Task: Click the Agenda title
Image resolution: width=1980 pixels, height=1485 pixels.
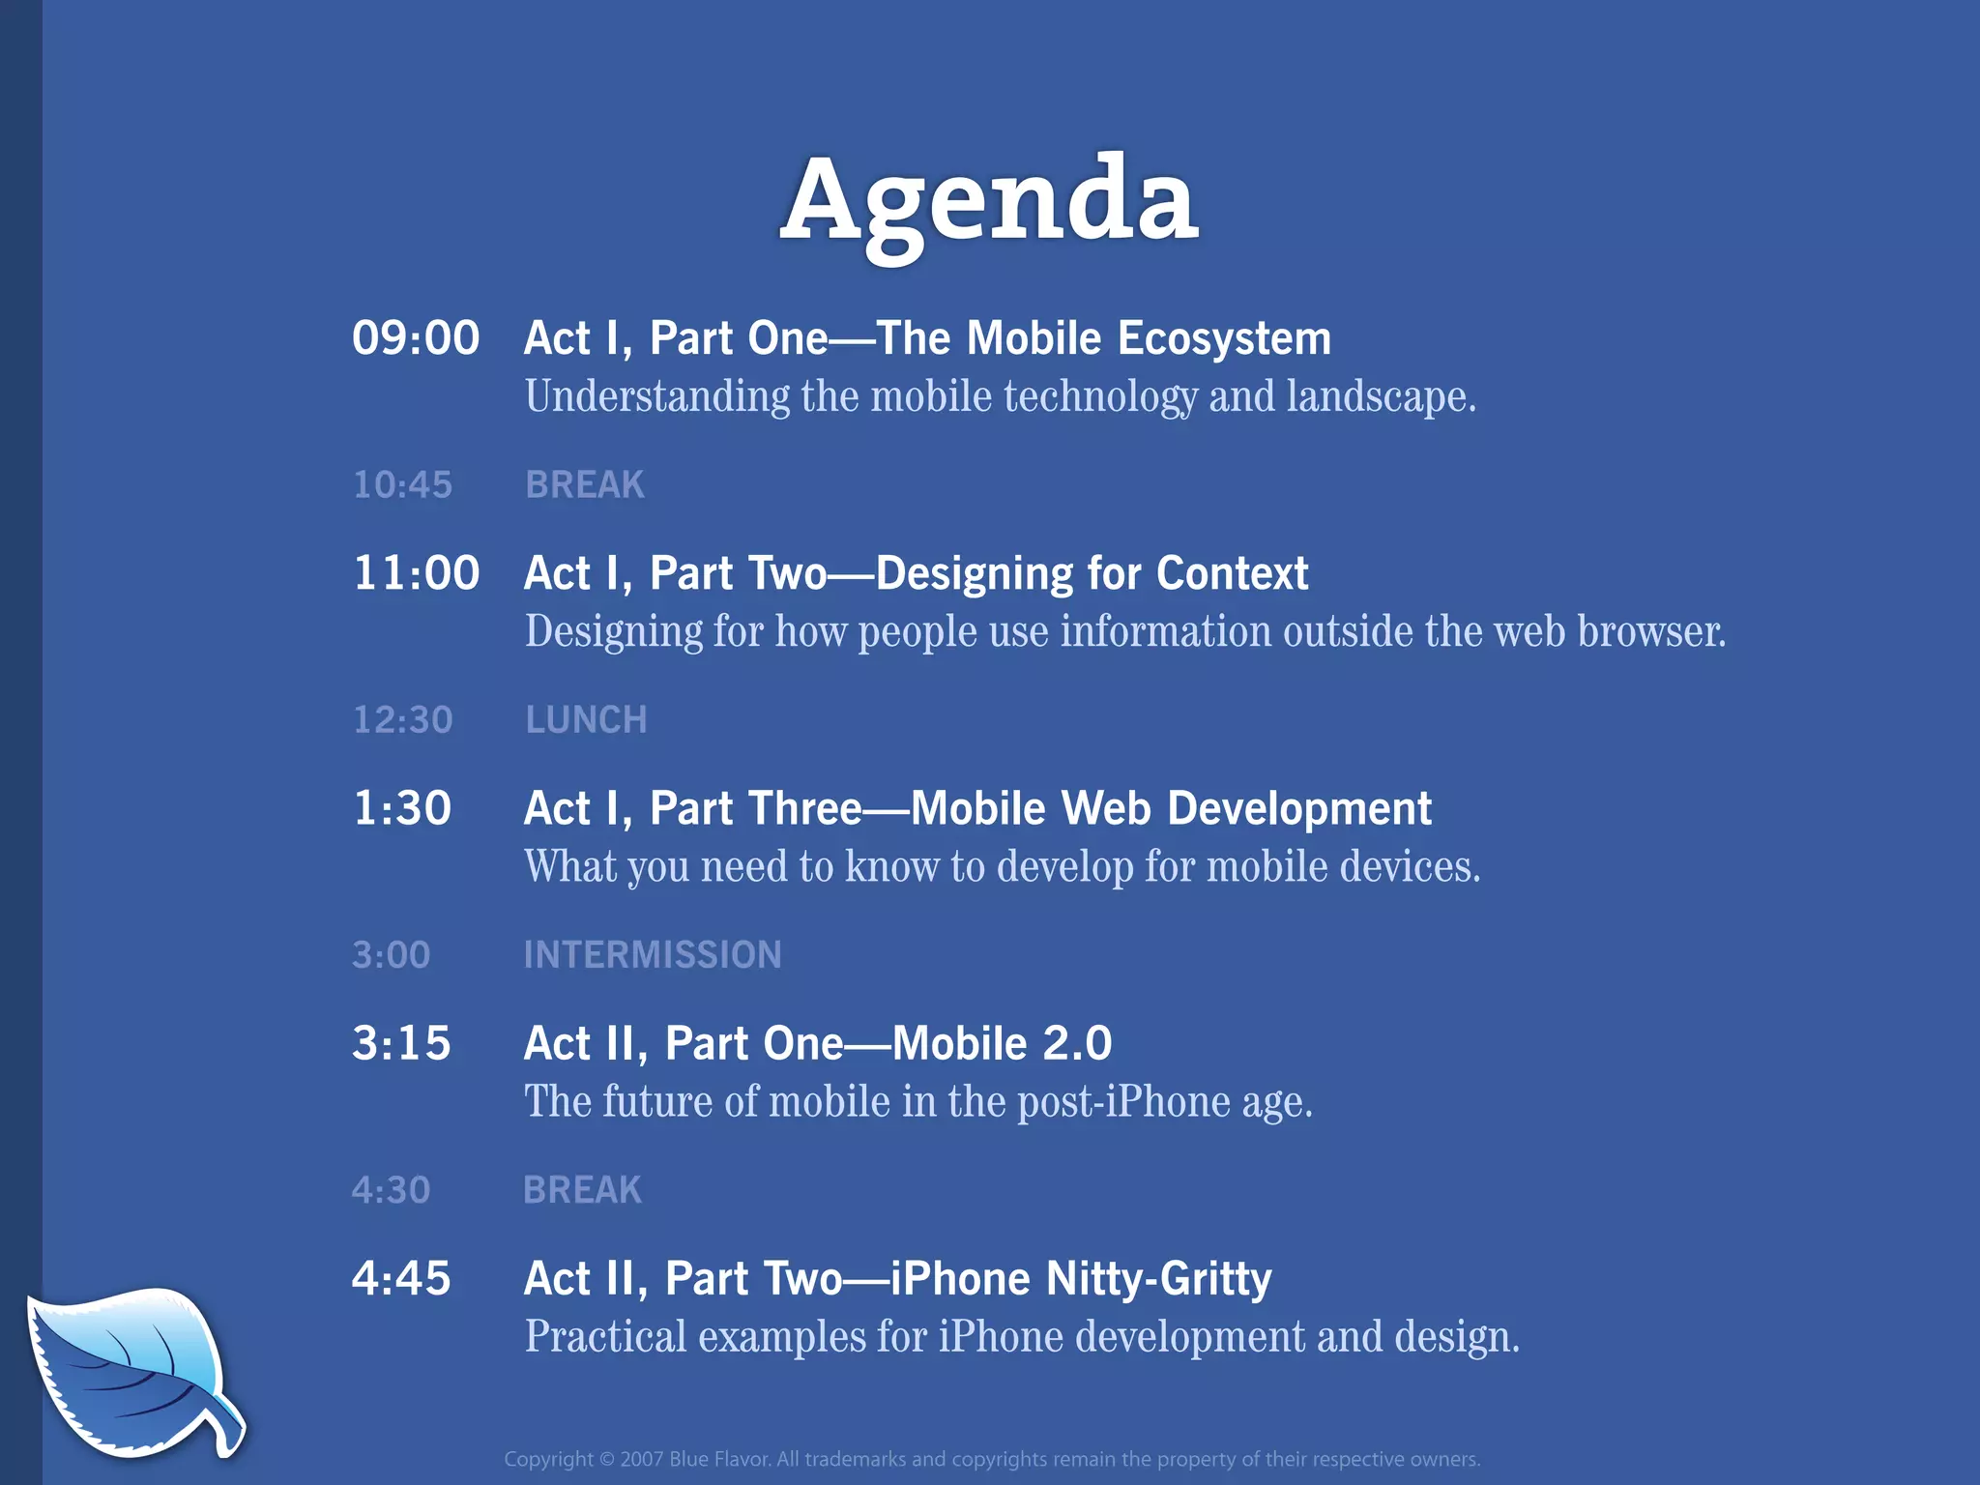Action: click(989, 203)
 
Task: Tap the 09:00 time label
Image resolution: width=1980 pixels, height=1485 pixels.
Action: click(416, 338)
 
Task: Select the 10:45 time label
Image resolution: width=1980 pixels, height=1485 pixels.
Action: click(402, 484)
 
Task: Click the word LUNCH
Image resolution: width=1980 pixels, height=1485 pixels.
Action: click(586, 720)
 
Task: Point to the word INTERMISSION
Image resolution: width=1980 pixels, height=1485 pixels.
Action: click(653, 955)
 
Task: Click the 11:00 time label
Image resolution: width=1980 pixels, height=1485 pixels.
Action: click(416, 573)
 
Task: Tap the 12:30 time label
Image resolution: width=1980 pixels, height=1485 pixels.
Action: click(402, 720)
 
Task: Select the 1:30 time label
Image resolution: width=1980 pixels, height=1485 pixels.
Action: click(402, 808)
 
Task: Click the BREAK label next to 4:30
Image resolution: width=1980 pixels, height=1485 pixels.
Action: click(582, 1190)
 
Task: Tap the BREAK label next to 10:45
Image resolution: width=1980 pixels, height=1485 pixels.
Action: click(584, 484)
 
